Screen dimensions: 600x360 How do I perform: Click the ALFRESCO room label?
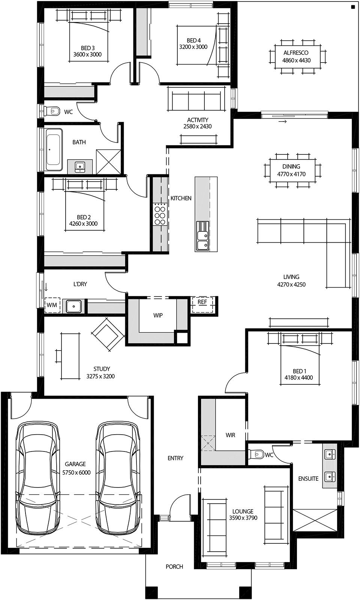(x=296, y=53)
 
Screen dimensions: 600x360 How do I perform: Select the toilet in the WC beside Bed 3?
(x=52, y=111)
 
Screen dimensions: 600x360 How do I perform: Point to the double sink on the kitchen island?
(x=202, y=236)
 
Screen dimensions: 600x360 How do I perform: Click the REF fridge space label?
(x=202, y=302)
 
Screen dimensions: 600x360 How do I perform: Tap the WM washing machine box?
(x=52, y=305)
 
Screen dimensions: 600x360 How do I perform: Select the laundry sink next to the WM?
(x=74, y=306)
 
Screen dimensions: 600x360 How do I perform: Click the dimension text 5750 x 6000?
(x=76, y=472)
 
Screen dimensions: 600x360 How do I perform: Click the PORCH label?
(x=174, y=567)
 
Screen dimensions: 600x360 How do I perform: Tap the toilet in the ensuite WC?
(x=257, y=454)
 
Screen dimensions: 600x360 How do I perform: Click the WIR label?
(x=230, y=435)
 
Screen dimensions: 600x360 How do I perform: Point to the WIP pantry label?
(x=158, y=315)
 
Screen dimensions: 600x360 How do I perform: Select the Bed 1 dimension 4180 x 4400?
(x=298, y=378)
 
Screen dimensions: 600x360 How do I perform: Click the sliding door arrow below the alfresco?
(x=282, y=121)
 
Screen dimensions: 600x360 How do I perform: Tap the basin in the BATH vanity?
(x=79, y=166)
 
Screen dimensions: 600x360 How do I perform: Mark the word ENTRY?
(x=175, y=458)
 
